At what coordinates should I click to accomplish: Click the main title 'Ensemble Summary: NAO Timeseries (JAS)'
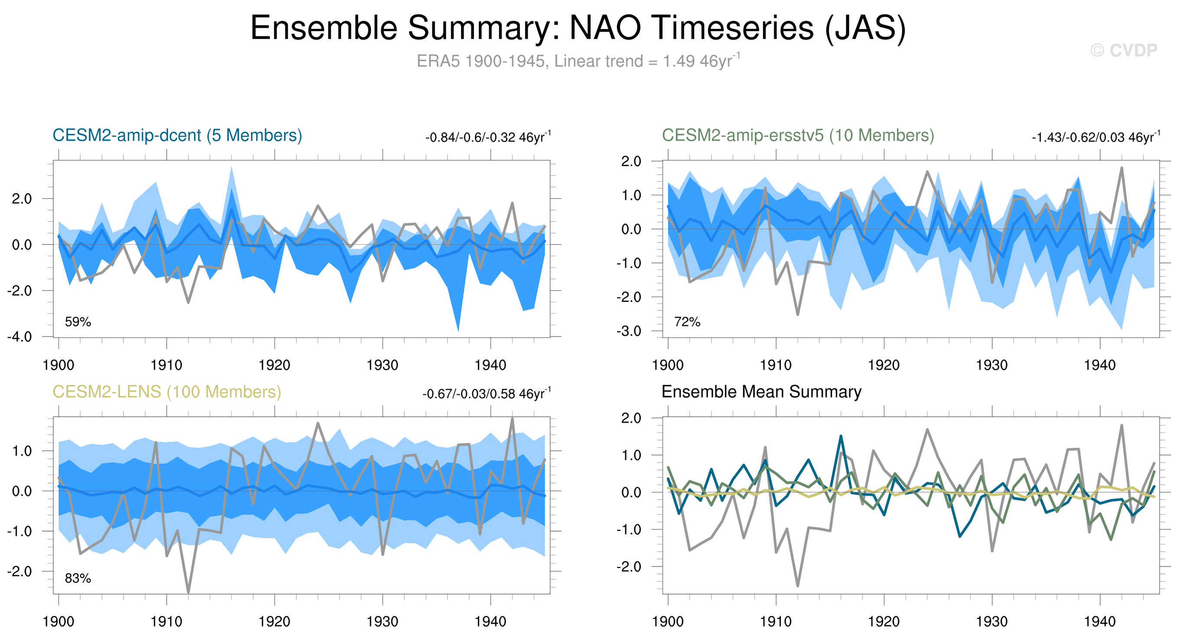point(578,28)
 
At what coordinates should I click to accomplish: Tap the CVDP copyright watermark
point(1124,50)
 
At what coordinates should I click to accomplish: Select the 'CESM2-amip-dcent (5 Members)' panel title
point(177,136)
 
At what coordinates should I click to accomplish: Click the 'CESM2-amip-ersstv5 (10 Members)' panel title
point(798,136)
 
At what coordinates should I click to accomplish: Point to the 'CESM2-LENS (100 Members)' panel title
point(166,392)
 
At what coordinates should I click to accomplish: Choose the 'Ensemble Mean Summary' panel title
point(761,392)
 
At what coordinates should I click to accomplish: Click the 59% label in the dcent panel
point(78,322)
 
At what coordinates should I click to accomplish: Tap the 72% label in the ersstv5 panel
point(687,322)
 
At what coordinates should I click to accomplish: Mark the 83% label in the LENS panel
point(78,579)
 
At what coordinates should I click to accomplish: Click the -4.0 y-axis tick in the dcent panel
point(19,337)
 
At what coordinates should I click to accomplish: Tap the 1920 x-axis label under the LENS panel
point(274,622)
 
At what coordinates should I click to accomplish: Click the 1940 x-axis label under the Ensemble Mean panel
point(1100,622)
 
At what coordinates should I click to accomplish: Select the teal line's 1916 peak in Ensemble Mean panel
point(841,436)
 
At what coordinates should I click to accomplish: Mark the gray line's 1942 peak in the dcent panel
point(512,203)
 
